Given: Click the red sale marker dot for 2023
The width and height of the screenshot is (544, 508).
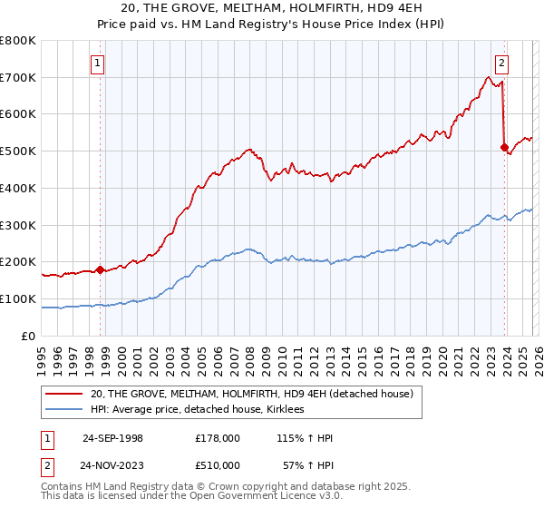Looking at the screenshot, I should click(x=504, y=147).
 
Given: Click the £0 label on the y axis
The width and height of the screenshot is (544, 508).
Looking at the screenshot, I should click(x=27, y=336).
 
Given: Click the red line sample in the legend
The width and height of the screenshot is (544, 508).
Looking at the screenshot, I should click(x=64, y=394).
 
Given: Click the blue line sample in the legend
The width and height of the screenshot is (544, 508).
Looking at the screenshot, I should click(x=64, y=410).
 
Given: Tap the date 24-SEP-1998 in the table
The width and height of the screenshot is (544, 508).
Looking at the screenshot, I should click(x=112, y=438).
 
